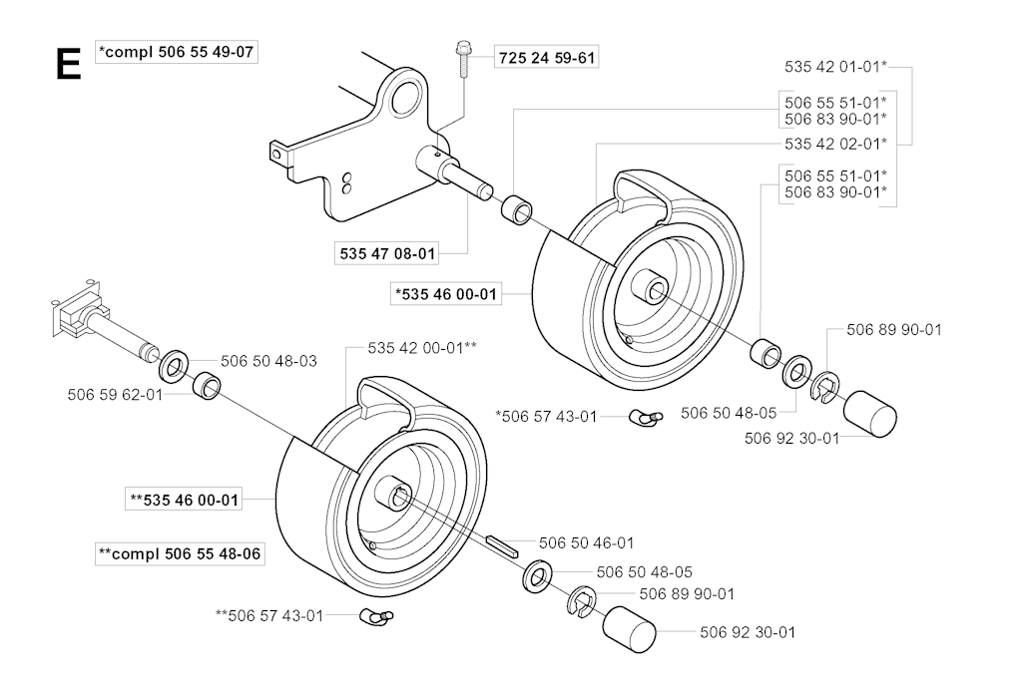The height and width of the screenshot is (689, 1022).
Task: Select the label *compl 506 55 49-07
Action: [176, 52]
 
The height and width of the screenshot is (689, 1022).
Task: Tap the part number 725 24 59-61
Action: [547, 58]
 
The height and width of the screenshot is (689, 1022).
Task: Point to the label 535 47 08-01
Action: [387, 253]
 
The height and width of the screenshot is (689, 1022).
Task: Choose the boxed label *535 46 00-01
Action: [446, 294]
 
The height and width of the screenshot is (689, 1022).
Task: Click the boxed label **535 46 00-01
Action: [185, 501]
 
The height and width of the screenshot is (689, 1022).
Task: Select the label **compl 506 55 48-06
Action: [180, 554]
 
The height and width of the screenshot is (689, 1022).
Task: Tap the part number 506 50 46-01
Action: [586, 542]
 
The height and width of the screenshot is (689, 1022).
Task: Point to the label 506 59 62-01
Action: [115, 395]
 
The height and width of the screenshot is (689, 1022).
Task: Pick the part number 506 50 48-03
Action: [268, 361]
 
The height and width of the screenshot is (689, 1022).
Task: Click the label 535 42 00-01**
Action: [422, 348]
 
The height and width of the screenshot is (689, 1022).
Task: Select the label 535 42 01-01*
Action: [835, 67]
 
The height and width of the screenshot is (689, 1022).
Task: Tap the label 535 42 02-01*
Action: [835, 144]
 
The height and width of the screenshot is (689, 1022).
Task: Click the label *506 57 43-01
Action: [546, 416]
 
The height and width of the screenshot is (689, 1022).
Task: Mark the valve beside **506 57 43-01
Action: [376, 615]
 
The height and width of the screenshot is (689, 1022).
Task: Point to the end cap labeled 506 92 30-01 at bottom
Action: [629, 629]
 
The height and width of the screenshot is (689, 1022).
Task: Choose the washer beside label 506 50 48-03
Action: [174, 366]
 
